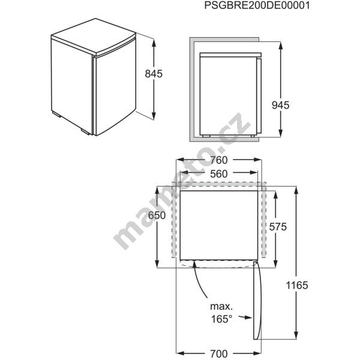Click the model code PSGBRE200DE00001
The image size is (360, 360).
pyautogui.click(x=257, y=5)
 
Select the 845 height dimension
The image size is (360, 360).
pyautogui.click(x=154, y=74)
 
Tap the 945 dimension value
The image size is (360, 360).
pyautogui.click(x=280, y=105)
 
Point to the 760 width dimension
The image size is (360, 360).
pyautogui.click(x=219, y=160)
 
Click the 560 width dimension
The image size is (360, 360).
pyautogui.click(x=219, y=174)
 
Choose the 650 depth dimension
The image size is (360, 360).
pyautogui.click(x=157, y=215)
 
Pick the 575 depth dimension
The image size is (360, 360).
pyautogui.click(x=278, y=227)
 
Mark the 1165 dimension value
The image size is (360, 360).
pyautogui.click(x=297, y=286)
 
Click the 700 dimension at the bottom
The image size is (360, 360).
pyautogui.click(x=219, y=354)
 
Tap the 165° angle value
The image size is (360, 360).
pyautogui.click(x=221, y=319)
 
